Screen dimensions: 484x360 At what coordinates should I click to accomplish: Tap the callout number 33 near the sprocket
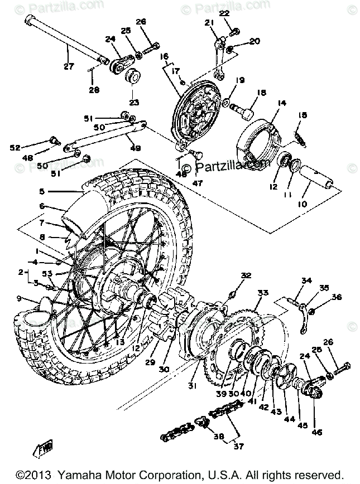[263, 293]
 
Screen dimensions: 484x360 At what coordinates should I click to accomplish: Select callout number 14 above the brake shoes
[280, 103]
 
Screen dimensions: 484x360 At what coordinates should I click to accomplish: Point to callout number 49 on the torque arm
[135, 148]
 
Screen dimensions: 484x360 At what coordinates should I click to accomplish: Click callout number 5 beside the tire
[41, 192]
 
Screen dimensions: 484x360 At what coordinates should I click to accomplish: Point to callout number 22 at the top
[224, 12]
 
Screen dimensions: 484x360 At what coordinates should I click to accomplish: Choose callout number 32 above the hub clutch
[246, 275]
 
